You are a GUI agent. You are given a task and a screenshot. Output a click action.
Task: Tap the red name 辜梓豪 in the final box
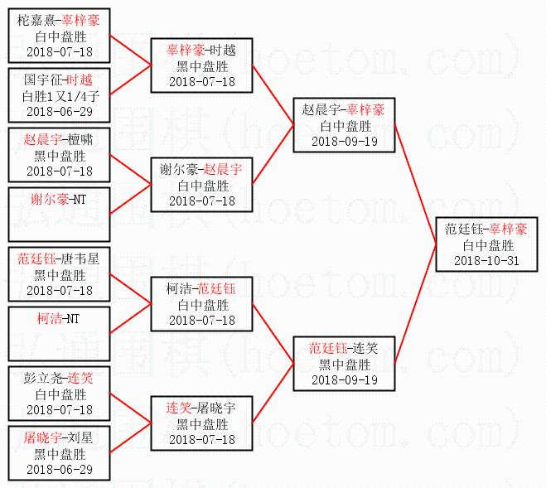[507, 229]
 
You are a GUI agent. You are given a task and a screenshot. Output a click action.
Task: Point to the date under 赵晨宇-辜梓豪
[345, 141]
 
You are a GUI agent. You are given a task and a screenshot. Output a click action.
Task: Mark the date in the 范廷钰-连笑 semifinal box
[345, 379]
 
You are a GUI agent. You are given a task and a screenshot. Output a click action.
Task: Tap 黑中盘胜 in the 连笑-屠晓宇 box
[202, 423]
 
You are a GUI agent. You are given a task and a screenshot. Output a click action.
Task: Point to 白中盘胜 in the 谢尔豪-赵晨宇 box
[202, 185]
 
